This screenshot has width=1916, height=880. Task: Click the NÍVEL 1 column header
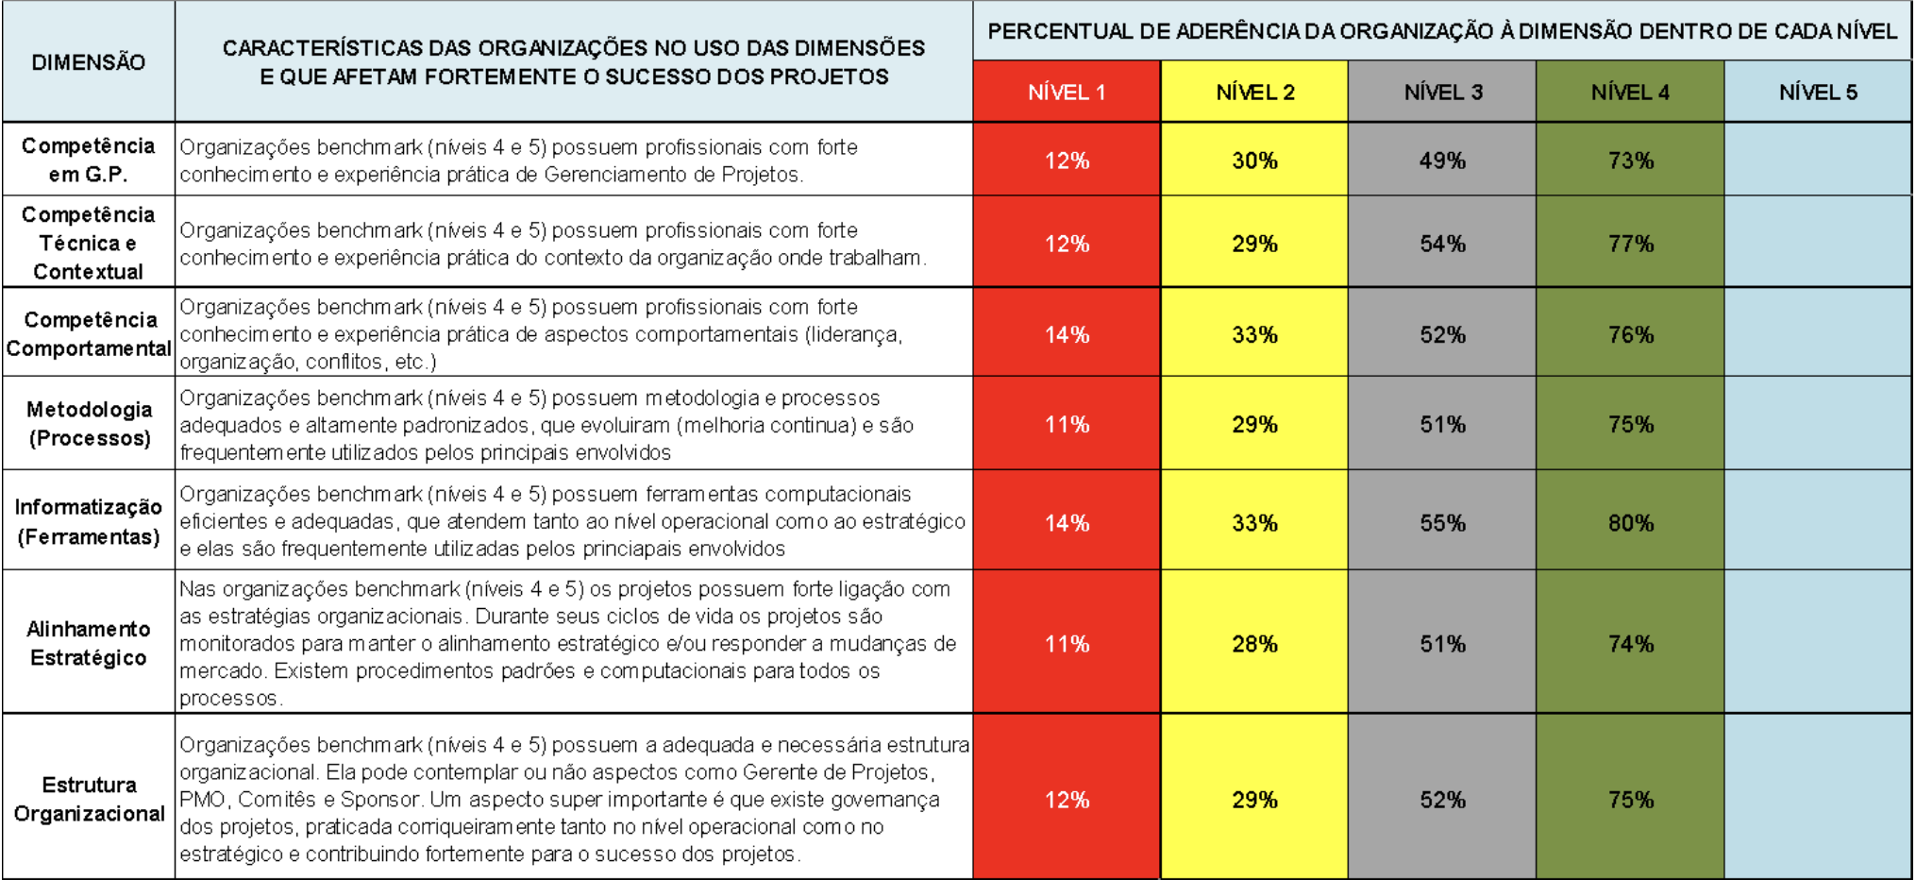[1067, 93]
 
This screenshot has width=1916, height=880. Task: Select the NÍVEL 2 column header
[1254, 93]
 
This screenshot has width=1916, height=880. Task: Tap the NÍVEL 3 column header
[1442, 93]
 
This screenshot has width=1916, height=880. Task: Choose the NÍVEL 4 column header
[1630, 93]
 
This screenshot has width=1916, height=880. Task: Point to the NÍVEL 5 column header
[1818, 93]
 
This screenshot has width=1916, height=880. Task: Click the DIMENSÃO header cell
[89, 62]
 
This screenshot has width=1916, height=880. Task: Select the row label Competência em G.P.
[89, 160]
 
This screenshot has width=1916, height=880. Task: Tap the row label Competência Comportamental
[89, 333]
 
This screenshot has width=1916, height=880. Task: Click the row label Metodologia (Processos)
[89, 423]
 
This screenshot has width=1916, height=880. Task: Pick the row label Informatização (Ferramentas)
[89, 521]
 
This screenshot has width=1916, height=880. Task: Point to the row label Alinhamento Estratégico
[89, 643]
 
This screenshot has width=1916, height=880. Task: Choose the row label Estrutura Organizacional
[89, 799]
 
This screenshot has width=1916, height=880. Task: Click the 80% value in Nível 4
[1630, 523]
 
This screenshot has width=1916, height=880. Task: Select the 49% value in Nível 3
[1442, 161]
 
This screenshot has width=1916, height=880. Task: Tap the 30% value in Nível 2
[1254, 161]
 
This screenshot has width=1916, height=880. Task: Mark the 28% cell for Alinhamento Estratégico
[1254, 644]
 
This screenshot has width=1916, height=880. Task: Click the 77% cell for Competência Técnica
[1630, 244]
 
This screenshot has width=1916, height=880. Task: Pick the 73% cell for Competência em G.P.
[1630, 161]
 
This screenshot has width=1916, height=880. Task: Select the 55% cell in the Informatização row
[1442, 523]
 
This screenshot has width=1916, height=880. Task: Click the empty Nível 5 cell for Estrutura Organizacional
[1818, 799]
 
